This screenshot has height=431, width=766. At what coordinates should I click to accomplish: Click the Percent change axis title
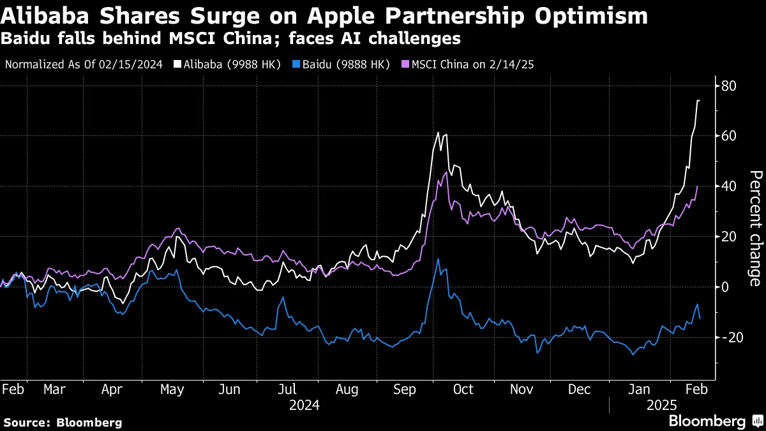[x=755, y=228]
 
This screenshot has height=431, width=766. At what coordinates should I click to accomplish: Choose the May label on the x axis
[x=172, y=389]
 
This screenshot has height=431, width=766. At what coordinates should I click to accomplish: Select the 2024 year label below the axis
[x=304, y=405]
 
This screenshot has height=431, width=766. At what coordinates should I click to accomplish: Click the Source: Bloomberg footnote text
[x=62, y=422]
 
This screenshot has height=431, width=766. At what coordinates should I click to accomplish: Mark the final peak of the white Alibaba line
[x=698, y=100]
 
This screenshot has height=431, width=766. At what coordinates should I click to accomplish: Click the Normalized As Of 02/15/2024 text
[x=84, y=64]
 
